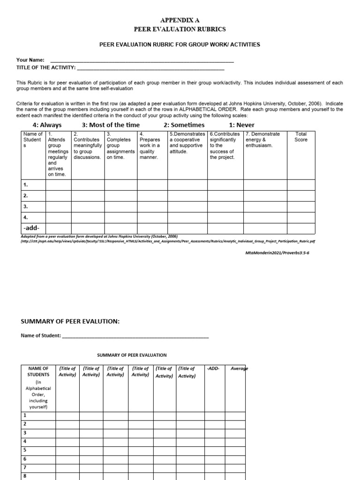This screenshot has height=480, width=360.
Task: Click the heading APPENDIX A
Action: tap(180, 21)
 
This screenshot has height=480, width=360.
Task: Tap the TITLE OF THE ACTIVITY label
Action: tap(46, 68)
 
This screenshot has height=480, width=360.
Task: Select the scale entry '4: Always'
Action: tap(47, 125)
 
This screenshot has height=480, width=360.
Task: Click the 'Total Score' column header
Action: tap(300, 137)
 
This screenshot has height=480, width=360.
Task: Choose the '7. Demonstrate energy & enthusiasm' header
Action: tap(265, 140)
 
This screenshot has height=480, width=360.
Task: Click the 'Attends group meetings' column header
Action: tap(58, 154)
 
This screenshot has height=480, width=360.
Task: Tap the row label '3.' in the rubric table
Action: tap(26, 206)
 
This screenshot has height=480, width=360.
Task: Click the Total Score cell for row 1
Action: tap(300, 185)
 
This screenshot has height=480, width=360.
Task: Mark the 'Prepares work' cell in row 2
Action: tap(152, 195)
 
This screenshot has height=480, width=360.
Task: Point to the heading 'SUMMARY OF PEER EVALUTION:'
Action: tap(70, 321)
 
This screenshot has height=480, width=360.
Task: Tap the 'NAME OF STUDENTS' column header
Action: tap(38, 372)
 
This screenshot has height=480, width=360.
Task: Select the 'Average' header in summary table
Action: tap(239, 369)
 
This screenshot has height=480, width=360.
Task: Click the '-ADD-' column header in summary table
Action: tap(212, 369)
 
